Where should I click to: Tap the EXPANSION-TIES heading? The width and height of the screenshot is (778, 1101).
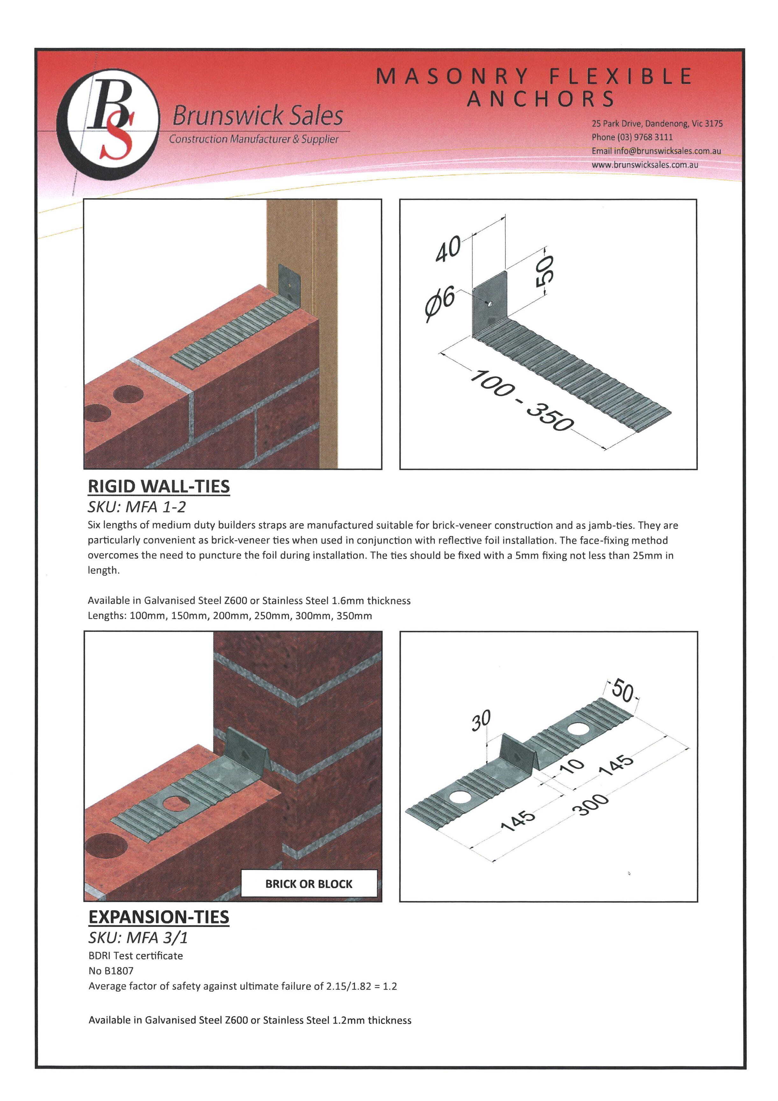coord(159,917)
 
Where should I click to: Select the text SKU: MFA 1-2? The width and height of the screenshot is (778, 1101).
coord(137,507)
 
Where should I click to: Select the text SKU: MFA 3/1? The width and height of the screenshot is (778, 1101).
coord(138,938)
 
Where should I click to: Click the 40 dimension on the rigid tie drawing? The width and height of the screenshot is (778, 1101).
coord(448,250)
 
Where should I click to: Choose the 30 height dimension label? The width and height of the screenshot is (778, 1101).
coord(481,721)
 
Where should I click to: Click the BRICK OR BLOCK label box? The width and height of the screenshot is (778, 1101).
coord(309,884)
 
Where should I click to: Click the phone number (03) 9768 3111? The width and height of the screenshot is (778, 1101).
coord(632,137)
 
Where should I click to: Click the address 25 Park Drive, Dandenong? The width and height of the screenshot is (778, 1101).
coord(657,124)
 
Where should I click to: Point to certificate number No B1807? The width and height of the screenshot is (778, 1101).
coord(111,971)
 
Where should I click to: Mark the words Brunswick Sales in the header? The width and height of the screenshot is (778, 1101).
coord(257,116)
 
